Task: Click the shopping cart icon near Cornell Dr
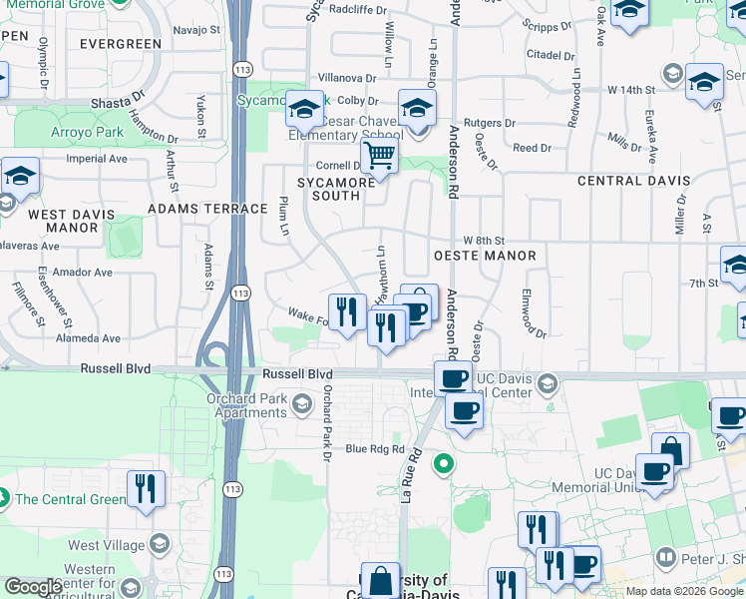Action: click(379, 156)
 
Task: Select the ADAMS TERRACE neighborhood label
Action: click(207, 209)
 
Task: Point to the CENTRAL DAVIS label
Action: click(633, 181)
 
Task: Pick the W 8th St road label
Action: click(485, 241)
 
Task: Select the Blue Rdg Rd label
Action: click(375, 449)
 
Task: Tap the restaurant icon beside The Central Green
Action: click(146, 489)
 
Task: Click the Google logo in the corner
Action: click(32, 588)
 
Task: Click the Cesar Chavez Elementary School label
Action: click(347, 136)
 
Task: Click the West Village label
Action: click(98, 546)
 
